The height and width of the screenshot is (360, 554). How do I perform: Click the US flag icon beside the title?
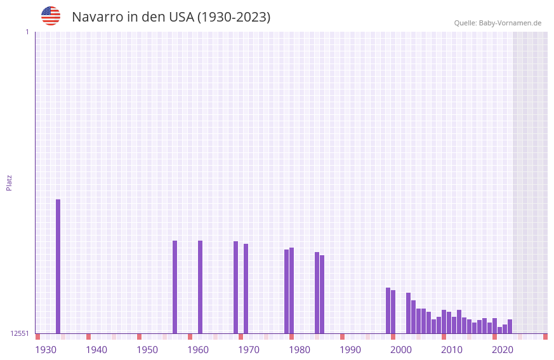tap(51, 16)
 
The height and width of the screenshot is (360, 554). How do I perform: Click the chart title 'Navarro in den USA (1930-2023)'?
tap(171, 17)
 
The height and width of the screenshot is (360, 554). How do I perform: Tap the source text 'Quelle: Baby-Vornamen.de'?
tap(498, 23)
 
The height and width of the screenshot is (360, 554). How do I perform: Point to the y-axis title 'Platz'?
tap(9, 182)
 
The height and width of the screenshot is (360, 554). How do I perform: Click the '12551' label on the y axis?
tap(20, 333)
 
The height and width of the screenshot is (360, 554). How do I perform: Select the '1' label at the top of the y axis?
tap(27, 32)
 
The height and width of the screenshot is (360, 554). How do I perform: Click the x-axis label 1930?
tap(46, 349)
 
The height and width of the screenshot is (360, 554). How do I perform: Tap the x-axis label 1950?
tap(147, 349)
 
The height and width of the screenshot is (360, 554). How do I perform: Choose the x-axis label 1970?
tap(249, 349)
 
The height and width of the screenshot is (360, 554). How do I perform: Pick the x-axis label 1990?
tap(350, 349)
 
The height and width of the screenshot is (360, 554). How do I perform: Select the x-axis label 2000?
tap(401, 349)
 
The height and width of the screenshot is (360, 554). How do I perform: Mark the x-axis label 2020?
tap(503, 349)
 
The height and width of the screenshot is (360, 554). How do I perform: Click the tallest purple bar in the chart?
tap(58, 266)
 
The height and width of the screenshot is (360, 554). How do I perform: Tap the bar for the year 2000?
tap(393, 311)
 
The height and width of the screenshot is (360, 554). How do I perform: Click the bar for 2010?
tap(444, 321)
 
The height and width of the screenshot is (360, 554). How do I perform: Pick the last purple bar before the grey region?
tap(510, 326)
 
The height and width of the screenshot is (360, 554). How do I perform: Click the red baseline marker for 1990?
tap(342, 337)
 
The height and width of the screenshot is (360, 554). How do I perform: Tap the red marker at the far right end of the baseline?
tap(545, 337)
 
